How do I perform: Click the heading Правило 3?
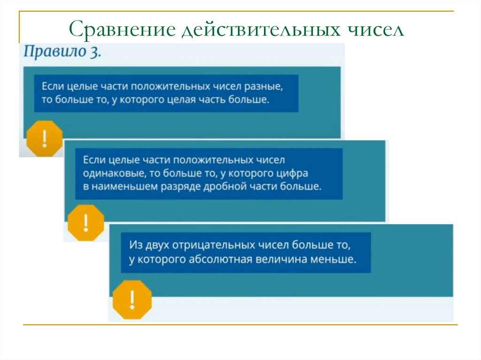pyautogui.click(x=62, y=52)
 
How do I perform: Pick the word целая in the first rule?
pyautogui.click(x=184, y=100)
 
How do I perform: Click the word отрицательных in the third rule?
pyautogui.click(x=213, y=245)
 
